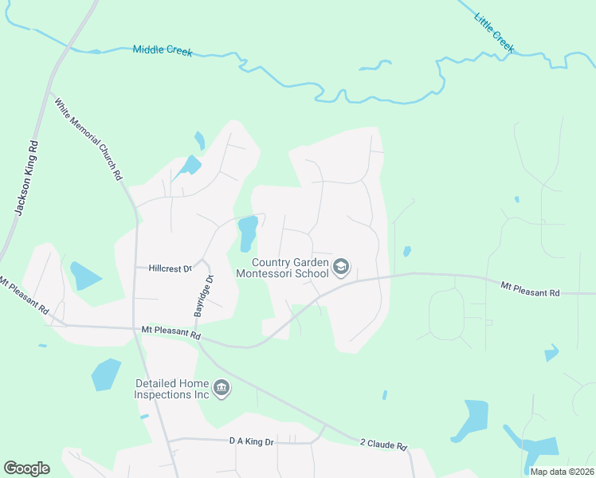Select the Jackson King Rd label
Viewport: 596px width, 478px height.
point(27,178)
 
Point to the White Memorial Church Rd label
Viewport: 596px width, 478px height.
point(88,138)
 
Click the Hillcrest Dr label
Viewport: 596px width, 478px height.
point(171,268)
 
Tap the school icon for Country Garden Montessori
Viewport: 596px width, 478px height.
point(342,267)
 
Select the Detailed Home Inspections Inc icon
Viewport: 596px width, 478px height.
point(222,389)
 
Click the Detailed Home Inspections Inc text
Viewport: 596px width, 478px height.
point(171,389)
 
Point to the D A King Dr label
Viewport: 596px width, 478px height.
point(251,441)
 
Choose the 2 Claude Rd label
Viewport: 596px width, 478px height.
point(383,445)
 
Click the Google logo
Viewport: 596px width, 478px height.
point(26,468)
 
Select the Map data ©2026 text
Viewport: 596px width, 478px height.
point(561,472)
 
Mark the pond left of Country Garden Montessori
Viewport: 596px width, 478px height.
point(247,231)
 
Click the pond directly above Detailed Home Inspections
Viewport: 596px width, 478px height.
point(106,374)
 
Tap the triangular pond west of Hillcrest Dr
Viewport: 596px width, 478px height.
point(84,276)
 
